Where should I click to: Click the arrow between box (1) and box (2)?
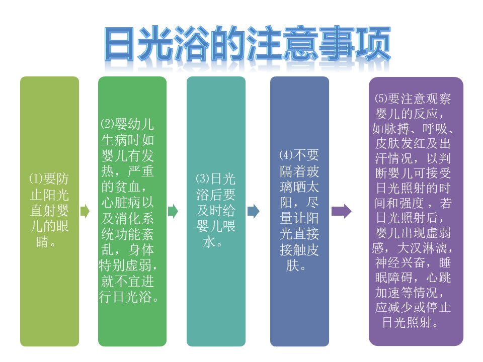point(85,211)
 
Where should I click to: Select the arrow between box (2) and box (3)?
point(173,211)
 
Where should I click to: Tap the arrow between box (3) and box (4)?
point(254,211)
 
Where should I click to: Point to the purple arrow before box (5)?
point(341,211)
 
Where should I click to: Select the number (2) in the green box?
point(108,124)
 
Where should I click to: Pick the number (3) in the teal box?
point(203,178)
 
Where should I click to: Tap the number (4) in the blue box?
point(286,155)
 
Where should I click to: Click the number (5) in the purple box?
point(381,99)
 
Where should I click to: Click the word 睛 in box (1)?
point(42,242)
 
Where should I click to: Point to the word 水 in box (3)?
point(209,242)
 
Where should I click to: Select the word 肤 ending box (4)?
point(293,265)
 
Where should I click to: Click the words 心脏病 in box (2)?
point(121,203)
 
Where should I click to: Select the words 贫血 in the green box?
point(127,187)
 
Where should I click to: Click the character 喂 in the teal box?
point(229,226)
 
